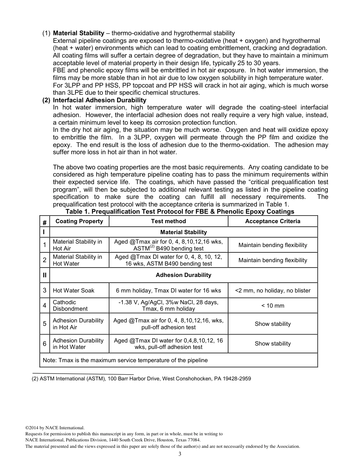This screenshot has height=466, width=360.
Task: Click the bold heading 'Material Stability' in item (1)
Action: click(x=78, y=33)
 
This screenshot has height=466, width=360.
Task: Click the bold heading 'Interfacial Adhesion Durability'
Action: click(x=99, y=100)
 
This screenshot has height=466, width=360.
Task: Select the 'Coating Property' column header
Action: click(x=79, y=221)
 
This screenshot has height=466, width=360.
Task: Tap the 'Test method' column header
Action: click(x=168, y=221)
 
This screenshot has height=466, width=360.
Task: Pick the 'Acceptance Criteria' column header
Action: click(x=272, y=221)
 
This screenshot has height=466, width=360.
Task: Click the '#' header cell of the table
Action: click(x=44, y=222)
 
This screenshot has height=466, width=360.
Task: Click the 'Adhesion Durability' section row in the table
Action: click(x=183, y=275)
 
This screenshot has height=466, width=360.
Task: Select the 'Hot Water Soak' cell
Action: click(x=74, y=291)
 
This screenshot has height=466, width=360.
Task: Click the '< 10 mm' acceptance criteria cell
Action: click(x=272, y=306)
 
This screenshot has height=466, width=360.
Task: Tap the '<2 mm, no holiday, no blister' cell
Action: click(x=272, y=291)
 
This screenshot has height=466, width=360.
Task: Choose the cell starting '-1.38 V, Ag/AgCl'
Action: click(x=168, y=305)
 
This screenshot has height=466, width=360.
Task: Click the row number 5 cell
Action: click(x=44, y=324)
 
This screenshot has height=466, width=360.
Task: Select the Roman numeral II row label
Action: click(x=44, y=275)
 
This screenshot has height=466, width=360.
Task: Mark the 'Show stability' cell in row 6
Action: click(x=272, y=344)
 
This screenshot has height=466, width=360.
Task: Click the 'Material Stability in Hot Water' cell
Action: click(x=77, y=260)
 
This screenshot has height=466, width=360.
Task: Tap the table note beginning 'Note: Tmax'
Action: click(x=125, y=360)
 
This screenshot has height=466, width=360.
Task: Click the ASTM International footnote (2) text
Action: click(x=141, y=378)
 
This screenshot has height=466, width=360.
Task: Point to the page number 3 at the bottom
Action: click(x=180, y=454)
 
